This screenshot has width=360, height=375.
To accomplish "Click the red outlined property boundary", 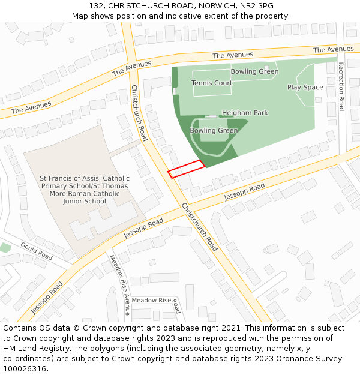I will (x=186, y=169).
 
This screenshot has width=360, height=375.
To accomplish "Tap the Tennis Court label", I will (x=212, y=83).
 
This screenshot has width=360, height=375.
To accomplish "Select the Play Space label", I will (x=305, y=87).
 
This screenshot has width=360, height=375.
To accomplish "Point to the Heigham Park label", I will (x=245, y=113).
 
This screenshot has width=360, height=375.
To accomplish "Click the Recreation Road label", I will (x=341, y=86).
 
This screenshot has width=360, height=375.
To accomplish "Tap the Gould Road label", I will (x=37, y=251).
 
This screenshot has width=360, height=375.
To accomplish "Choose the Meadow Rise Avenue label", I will (x=118, y=285).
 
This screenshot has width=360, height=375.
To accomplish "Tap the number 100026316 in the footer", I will (x=25, y=368).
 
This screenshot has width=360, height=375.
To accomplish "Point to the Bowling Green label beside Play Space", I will (x=254, y=71).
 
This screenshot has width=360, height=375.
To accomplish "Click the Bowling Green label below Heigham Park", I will (x=214, y=130).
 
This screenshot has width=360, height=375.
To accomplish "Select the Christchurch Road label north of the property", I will (x=139, y=113).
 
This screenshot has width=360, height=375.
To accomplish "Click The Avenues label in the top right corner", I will (x=333, y=49).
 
